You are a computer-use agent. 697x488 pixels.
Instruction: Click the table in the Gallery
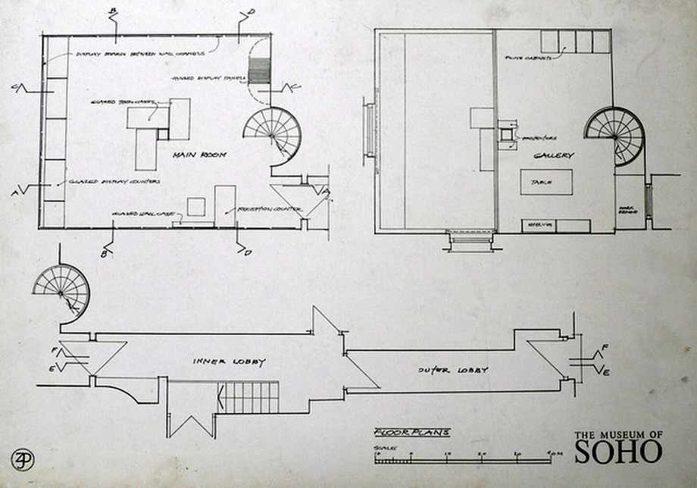point(545,183)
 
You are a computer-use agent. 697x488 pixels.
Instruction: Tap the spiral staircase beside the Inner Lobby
point(61,292)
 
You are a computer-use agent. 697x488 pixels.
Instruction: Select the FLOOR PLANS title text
point(411,433)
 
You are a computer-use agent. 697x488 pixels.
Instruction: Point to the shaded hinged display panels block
point(259,71)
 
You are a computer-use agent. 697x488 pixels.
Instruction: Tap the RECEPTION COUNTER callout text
point(270,209)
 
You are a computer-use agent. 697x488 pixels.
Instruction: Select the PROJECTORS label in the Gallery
point(540,139)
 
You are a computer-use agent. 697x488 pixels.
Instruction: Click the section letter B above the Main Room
point(114,10)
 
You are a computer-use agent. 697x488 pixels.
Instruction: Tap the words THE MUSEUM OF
point(618,434)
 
